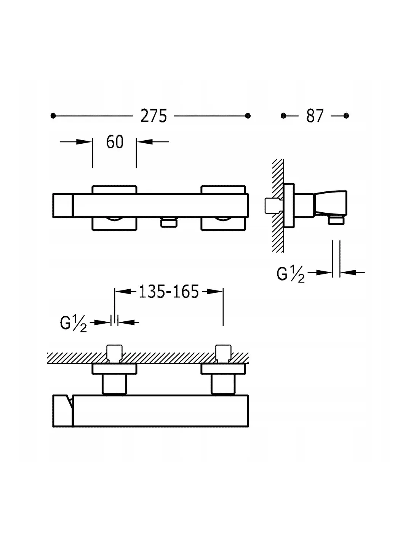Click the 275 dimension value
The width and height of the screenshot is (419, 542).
154,116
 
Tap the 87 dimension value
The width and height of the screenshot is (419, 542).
315,116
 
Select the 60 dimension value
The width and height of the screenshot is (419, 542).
115,142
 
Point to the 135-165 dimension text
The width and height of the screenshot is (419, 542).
169,291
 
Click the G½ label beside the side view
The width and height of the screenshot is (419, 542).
291,274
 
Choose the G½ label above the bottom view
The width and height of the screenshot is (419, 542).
74,324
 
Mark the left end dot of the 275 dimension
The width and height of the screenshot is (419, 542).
53,116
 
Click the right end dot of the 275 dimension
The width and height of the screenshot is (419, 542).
248,116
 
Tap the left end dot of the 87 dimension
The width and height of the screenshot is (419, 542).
283,116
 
